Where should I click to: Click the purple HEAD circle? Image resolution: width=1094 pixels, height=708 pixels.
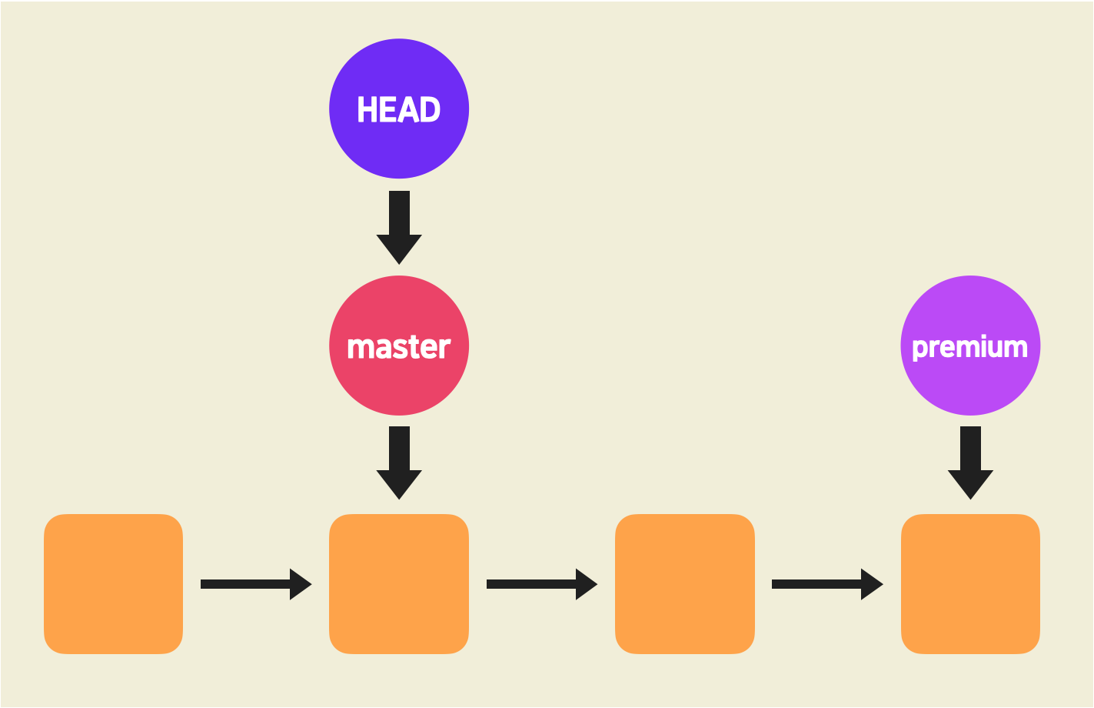[x=399, y=108]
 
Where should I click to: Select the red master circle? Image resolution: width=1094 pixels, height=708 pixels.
[x=399, y=346]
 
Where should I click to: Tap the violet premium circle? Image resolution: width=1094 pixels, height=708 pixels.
[x=970, y=346]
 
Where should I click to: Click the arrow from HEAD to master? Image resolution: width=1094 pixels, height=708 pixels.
[x=399, y=227]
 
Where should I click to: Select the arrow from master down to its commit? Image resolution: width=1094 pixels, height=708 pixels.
[x=399, y=462]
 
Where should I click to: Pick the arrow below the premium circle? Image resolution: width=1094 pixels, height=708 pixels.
[x=970, y=462]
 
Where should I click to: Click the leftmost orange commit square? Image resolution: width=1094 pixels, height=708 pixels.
[x=113, y=583]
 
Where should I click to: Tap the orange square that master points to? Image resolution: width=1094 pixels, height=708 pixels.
[x=399, y=583]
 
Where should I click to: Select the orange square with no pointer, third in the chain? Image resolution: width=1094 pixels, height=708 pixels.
[x=685, y=583]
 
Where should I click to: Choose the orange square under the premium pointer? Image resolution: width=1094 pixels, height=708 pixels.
[x=970, y=583]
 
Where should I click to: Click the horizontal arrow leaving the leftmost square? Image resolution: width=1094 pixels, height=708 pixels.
[x=255, y=584]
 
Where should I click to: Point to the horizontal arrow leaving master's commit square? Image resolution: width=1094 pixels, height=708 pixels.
[x=541, y=584]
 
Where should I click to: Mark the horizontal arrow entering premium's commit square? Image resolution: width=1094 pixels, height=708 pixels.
[x=826, y=584]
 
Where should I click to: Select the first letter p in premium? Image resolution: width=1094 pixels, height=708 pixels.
[x=919, y=349]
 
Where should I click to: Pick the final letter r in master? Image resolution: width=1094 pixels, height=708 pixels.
[x=444, y=349]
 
